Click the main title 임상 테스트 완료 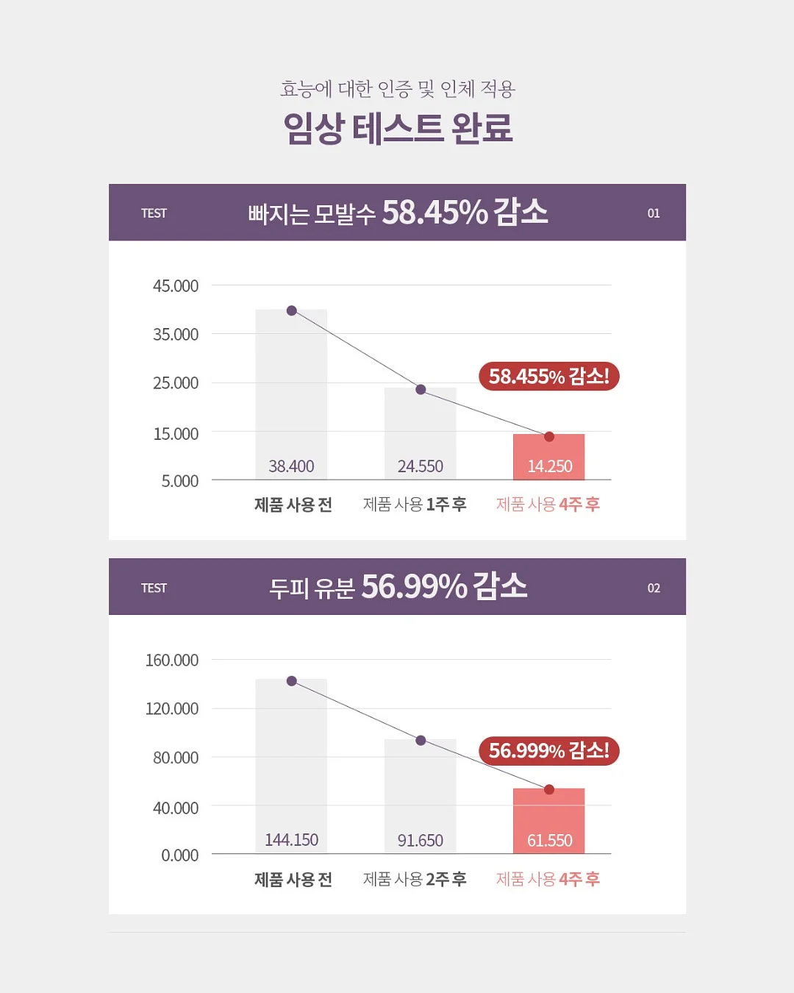click(x=398, y=128)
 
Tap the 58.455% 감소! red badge click(x=549, y=376)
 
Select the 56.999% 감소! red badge click(x=549, y=751)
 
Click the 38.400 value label click(x=291, y=466)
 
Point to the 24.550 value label click(x=421, y=466)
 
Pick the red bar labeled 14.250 click(x=549, y=457)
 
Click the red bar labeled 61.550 click(x=549, y=821)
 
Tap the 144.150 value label click(x=291, y=840)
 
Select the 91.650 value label click(x=421, y=840)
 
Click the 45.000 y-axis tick click(x=176, y=286)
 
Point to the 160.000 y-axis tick click(x=172, y=661)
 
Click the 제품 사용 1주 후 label click(x=415, y=505)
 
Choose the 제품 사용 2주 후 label click(x=415, y=879)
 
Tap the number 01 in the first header click(x=654, y=213)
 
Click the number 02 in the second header click(x=654, y=588)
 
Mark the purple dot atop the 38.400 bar click(x=292, y=310)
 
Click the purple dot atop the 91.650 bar click(x=421, y=741)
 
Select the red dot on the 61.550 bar click(x=549, y=789)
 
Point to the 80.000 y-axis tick click(x=176, y=758)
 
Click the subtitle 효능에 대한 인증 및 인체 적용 click(x=398, y=89)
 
